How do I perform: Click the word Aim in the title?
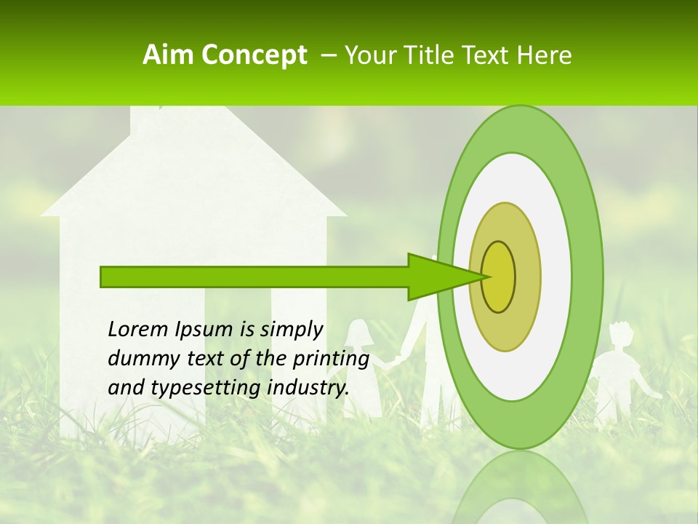(x=169, y=55)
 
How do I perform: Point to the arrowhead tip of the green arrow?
(x=488, y=277)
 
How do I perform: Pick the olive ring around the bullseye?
(x=528, y=277)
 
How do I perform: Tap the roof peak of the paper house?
(x=193, y=116)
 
